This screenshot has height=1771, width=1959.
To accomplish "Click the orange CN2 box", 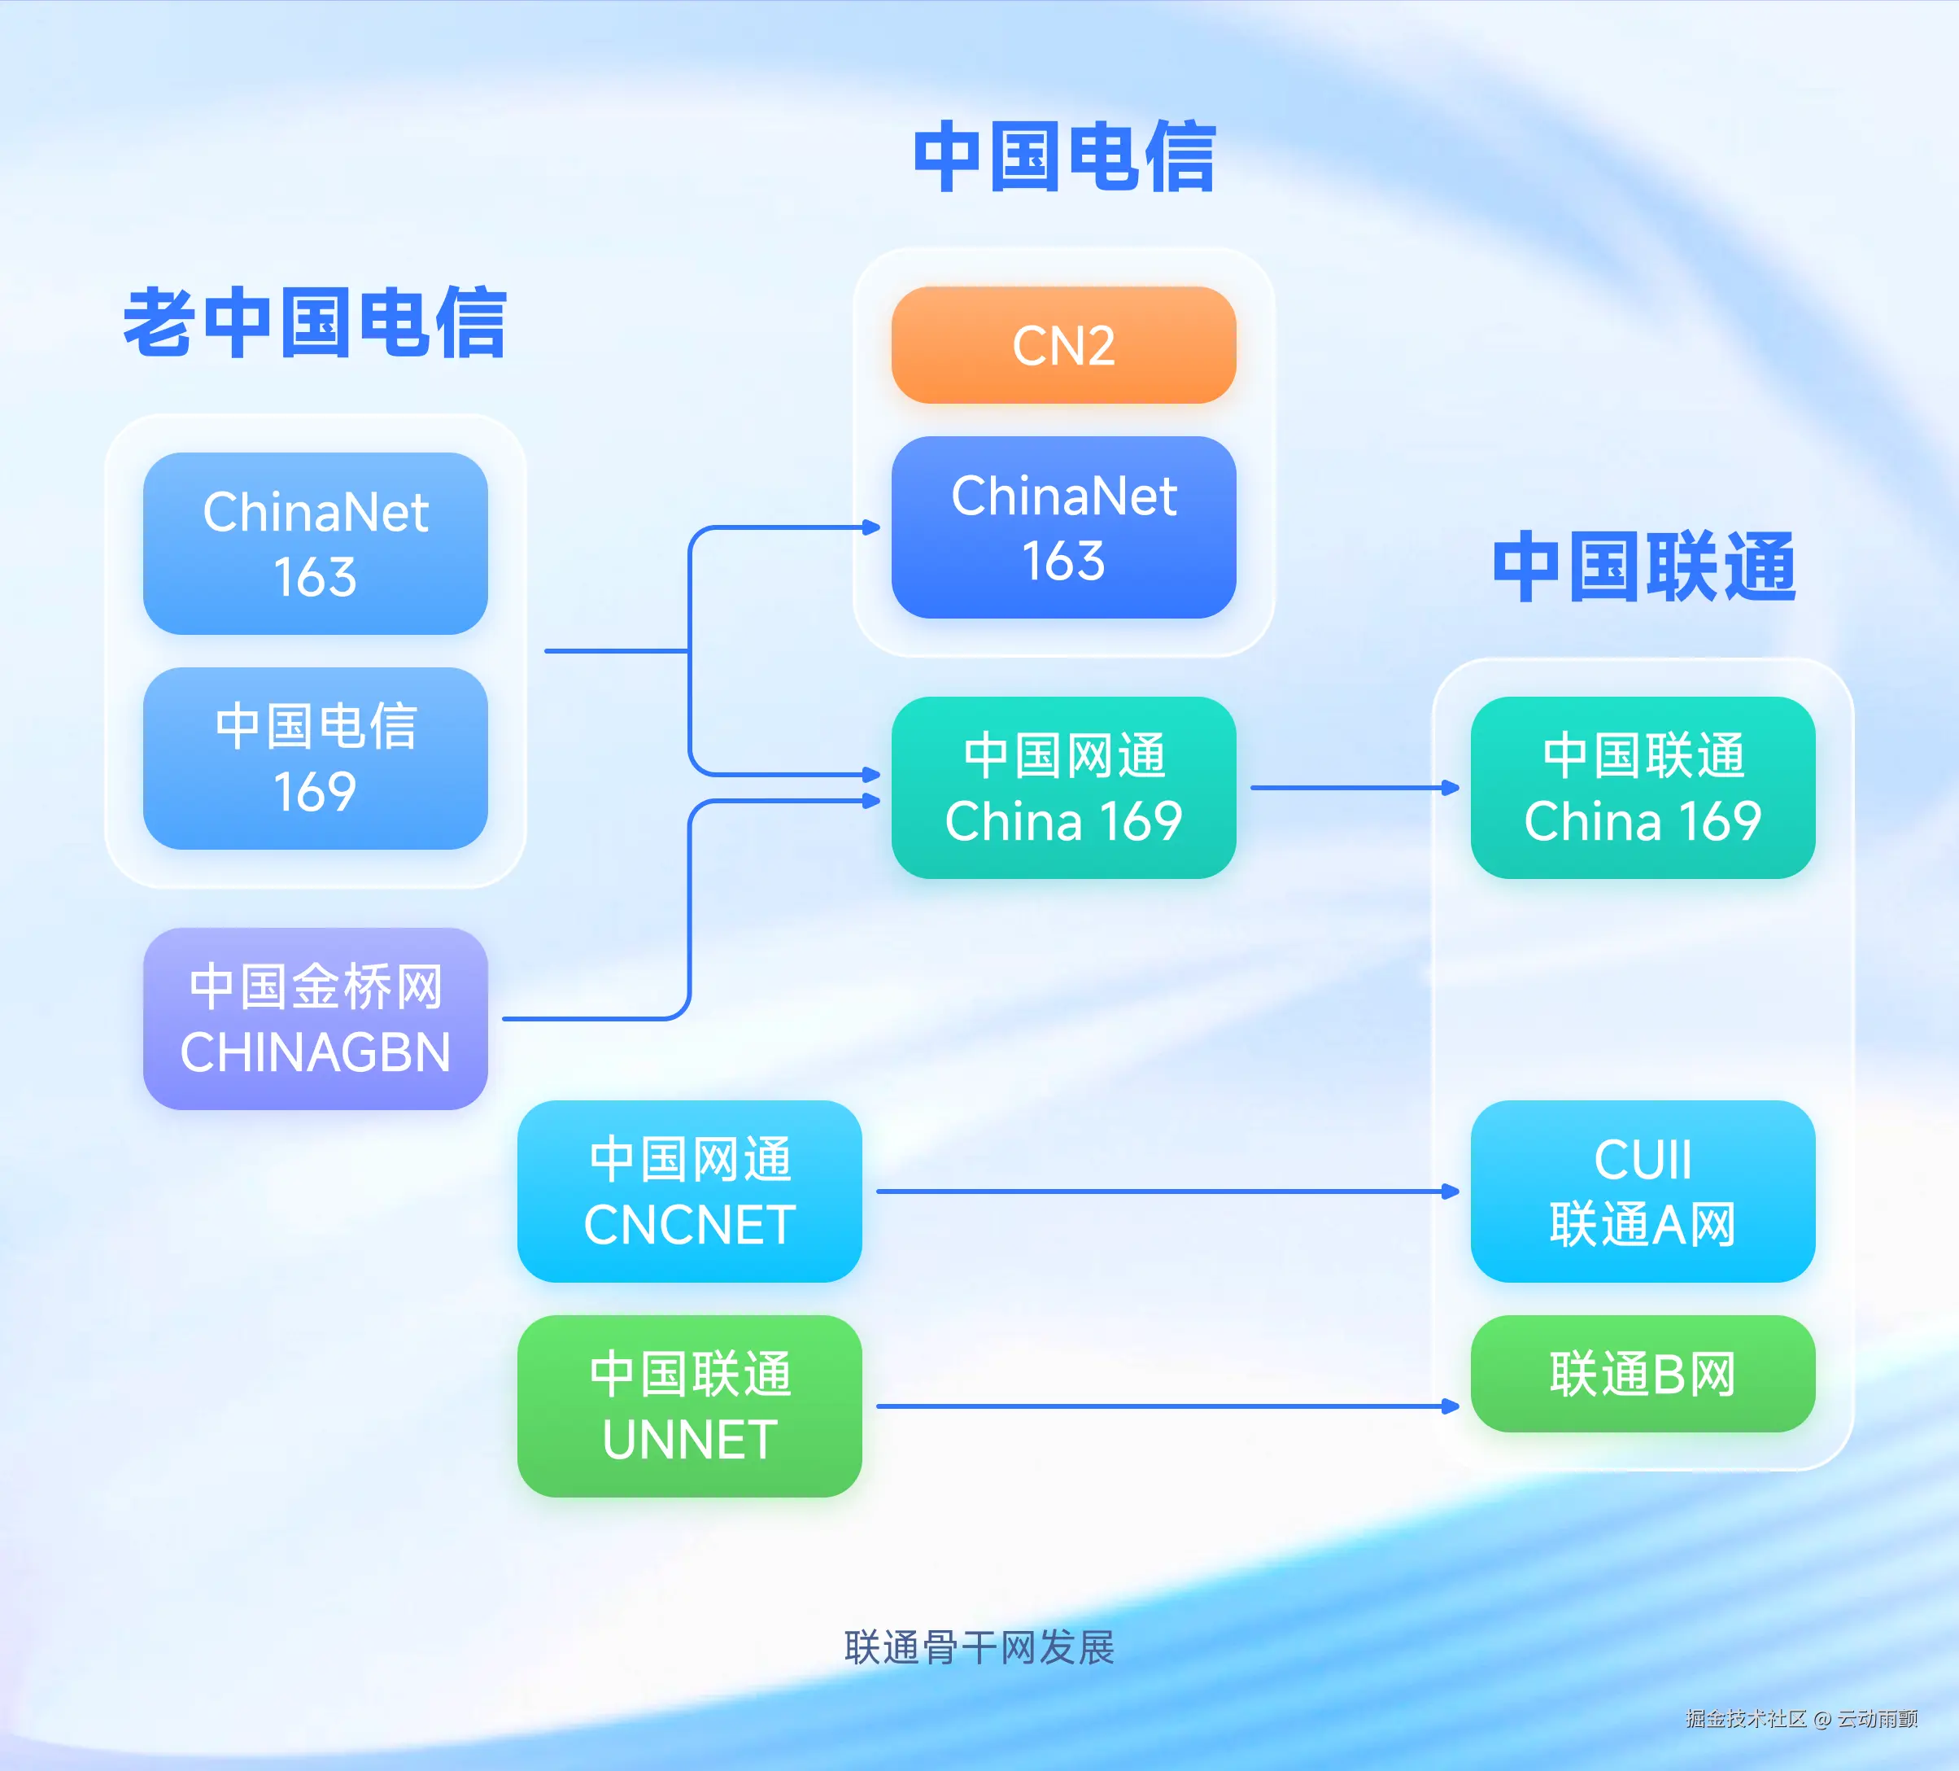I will tap(1063, 345).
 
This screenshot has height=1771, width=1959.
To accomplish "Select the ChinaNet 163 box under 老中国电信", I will tap(315, 544).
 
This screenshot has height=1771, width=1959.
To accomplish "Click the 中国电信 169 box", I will tap(315, 759).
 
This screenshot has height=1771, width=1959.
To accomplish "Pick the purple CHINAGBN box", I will tap(315, 1019).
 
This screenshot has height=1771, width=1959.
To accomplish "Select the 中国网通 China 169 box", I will tap(1063, 787).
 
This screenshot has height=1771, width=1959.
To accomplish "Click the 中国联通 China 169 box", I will tap(1643, 787).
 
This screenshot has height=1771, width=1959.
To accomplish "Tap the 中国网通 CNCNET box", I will tap(689, 1191).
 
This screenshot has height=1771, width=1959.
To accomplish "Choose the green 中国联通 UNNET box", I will tap(689, 1406).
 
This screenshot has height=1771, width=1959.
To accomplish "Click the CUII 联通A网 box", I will tap(1643, 1191).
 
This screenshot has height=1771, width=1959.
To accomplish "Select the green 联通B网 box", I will tap(1643, 1374).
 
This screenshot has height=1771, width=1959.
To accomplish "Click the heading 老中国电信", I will tap(315, 323).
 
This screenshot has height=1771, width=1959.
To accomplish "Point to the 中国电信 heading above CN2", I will tap(1063, 156).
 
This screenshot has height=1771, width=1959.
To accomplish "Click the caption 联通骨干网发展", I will tap(979, 1646).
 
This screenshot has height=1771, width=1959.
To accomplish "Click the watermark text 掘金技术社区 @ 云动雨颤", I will tap(1800, 1719).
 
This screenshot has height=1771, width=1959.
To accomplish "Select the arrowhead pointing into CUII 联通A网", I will tap(1451, 1191).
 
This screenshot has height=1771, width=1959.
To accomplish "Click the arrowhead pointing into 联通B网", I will tap(1451, 1406).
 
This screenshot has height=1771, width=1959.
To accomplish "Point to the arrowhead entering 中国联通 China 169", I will tap(1451, 787).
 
